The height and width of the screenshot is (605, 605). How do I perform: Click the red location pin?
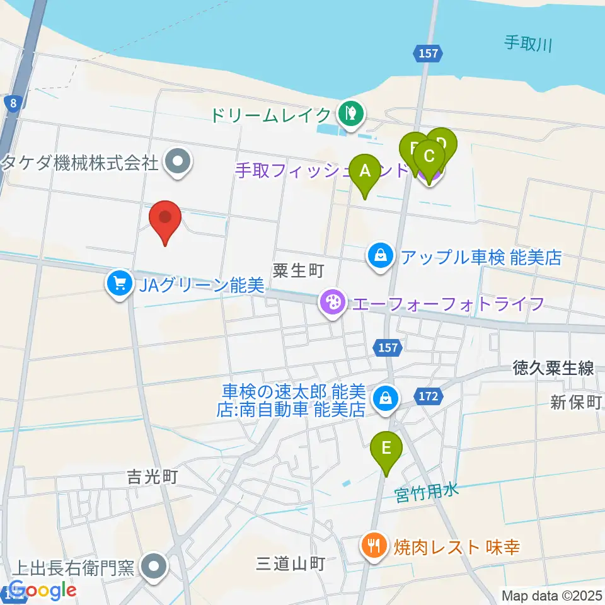[x=165, y=220]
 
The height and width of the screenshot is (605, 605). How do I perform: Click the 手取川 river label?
[x=528, y=43]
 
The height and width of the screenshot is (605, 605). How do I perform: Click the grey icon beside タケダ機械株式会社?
[x=178, y=163]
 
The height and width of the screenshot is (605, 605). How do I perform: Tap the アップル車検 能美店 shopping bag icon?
[x=381, y=256]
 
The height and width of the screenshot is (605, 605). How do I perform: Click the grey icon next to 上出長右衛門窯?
[x=154, y=565]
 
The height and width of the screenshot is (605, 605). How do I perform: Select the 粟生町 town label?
[x=298, y=271]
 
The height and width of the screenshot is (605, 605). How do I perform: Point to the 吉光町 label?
[x=151, y=476]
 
